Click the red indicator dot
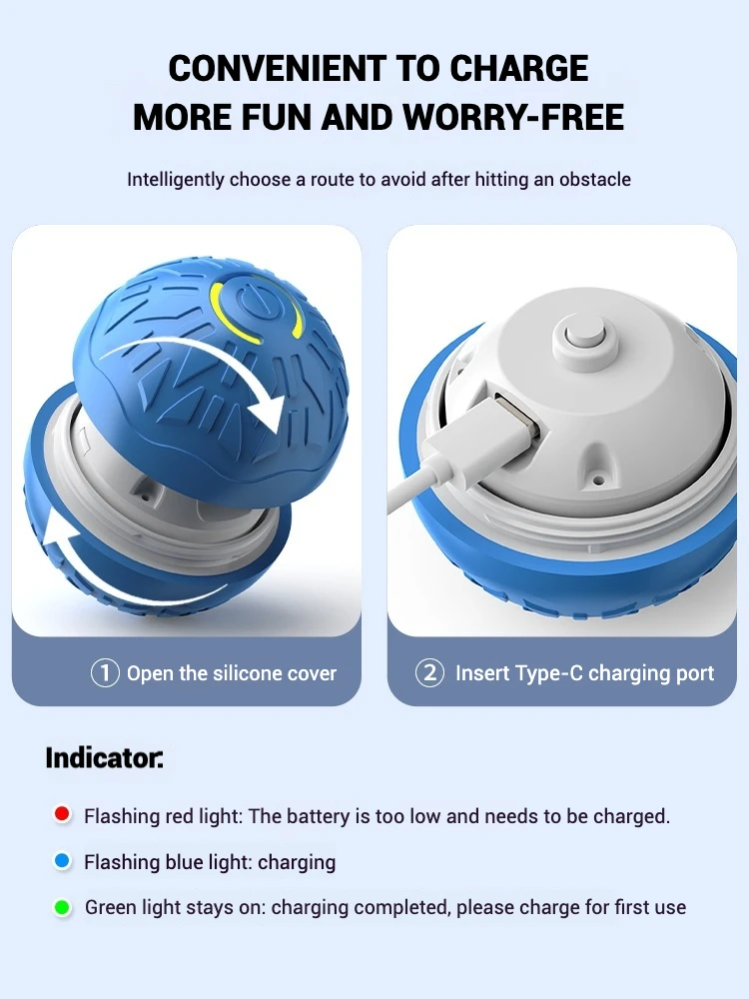(x=62, y=814)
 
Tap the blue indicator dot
(x=62, y=861)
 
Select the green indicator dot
(x=62, y=907)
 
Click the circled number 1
(x=105, y=672)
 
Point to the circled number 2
(x=429, y=672)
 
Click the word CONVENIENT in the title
(x=277, y=68)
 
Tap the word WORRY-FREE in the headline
(x=513, y=117)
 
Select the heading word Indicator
(x=104, y=757)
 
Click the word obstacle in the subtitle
(x=595, y=179)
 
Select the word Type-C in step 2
(x=548, y=673)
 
